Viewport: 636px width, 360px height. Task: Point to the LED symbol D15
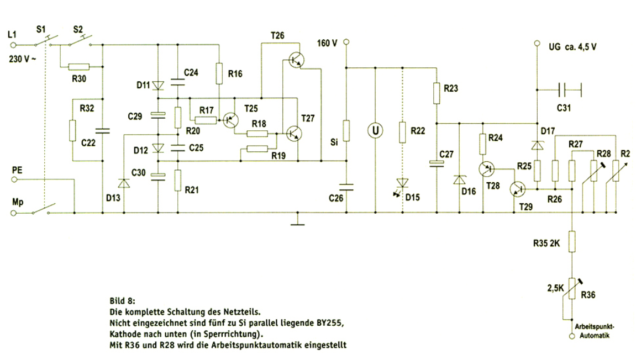click(402, 183)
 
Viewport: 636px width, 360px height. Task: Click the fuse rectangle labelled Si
click(346, 131)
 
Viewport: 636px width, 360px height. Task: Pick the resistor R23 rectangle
click(436, 93)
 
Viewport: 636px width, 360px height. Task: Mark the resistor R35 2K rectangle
click(572, 241)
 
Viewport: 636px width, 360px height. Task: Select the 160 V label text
click(327, 43)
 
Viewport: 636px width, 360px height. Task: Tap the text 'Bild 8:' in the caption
click(122, 302)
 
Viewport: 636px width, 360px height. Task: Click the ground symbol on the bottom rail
click(298, 221)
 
